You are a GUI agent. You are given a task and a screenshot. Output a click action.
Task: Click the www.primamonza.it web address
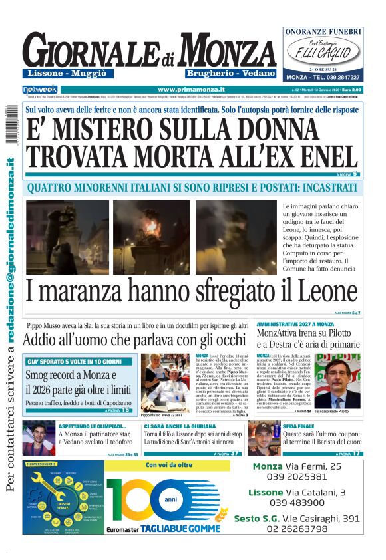[191, 89]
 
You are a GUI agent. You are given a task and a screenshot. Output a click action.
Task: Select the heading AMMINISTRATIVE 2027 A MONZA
[295, 323]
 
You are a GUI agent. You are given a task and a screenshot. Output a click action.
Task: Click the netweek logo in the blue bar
[40, 89]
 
